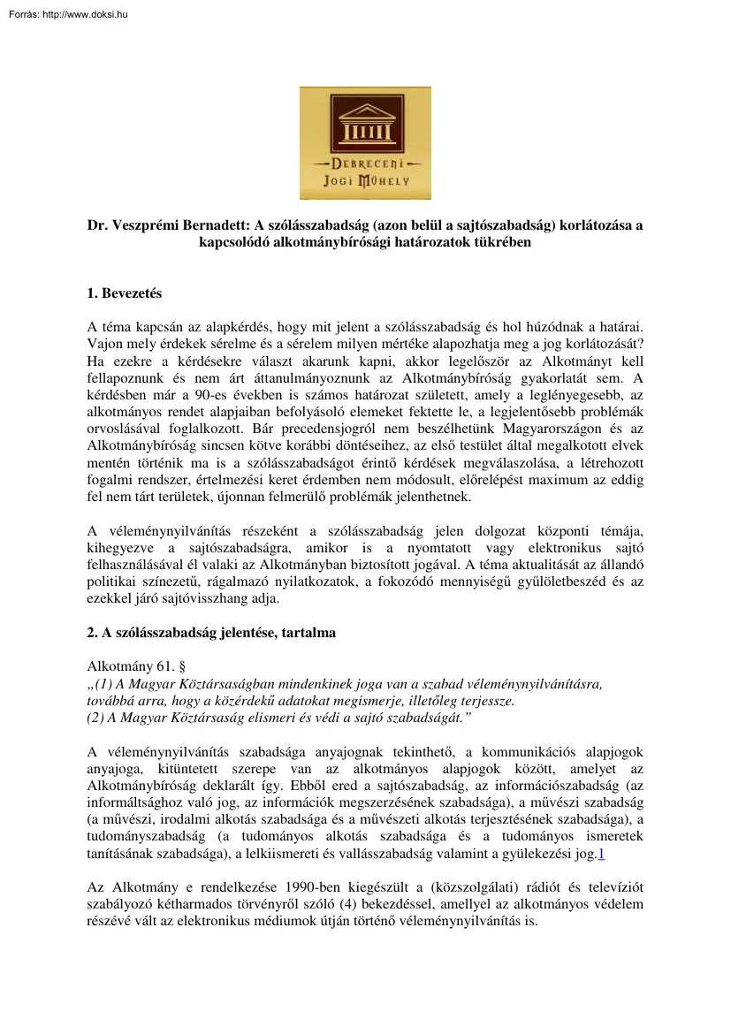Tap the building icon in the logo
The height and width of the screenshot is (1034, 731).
[x=365, y=123]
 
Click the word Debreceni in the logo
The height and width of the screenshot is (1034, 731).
[x=365, y=163]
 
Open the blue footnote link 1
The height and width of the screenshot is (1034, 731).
[x=601, y=854]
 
